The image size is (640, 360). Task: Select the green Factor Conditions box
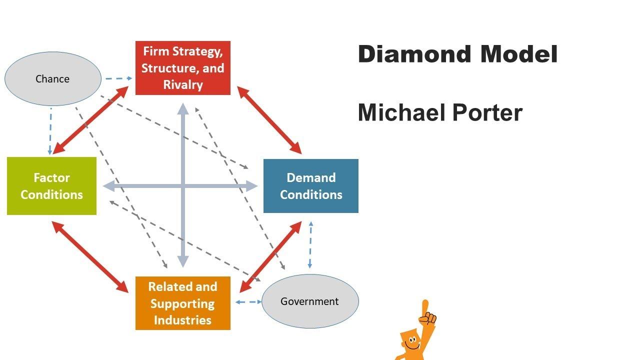(51, 186)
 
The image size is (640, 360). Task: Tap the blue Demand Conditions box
(310, 186)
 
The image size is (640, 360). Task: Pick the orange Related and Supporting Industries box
(182, 303)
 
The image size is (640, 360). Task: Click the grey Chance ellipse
(52, 78)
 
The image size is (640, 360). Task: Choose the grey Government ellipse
(310, 301)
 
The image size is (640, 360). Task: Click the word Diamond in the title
(414, 54)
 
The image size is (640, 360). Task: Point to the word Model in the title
(518, 54)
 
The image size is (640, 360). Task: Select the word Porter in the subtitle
(487, 112)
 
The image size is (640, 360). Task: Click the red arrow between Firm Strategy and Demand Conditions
(269, 120)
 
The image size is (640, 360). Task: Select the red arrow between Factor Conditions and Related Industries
(90, 257)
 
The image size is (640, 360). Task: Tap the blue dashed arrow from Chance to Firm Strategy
(117, 78)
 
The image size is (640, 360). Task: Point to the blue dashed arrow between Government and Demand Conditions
(310, 245)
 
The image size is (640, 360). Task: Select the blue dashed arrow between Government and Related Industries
(248, 301)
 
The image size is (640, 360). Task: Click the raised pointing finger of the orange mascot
(425, 307)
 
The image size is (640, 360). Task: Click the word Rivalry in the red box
(182, 84)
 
